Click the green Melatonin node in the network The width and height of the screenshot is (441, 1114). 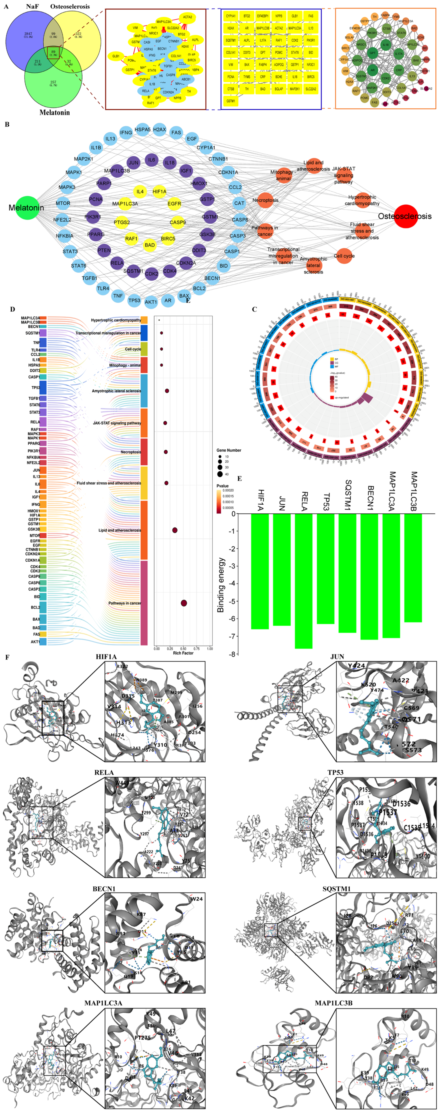pos(27,208)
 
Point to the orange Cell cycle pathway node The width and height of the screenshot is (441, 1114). pos(344,256)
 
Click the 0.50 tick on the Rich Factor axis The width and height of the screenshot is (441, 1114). pos(183,649)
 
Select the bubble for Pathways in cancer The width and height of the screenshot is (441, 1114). pos(184,603)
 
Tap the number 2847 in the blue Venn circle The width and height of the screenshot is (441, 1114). pos(28,34)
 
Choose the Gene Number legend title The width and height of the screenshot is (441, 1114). pos(229,450)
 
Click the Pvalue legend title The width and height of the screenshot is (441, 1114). pos(223,486)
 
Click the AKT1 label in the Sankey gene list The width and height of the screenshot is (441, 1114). pos(35,642)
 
